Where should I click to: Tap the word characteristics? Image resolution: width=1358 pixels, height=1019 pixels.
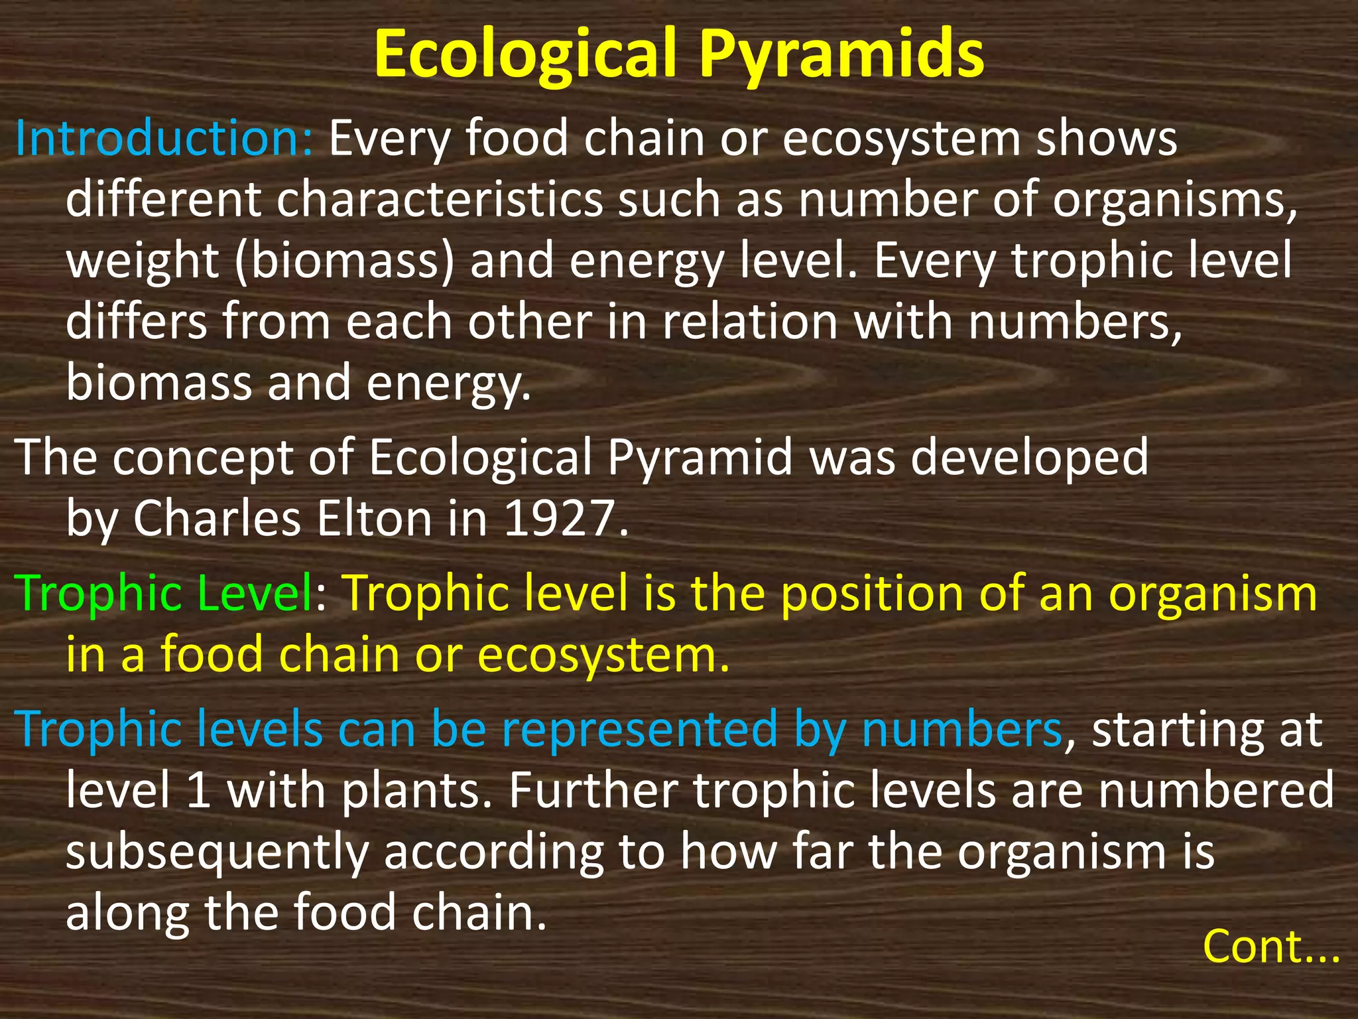[x=440, y=200]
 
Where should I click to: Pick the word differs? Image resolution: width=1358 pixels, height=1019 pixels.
[x=136, y=322]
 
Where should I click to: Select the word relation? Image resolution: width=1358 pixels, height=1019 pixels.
[x=750, y=322]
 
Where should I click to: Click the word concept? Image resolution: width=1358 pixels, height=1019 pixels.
[x=202, y=458]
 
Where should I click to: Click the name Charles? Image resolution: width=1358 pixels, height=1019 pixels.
[x=217, y=519]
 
